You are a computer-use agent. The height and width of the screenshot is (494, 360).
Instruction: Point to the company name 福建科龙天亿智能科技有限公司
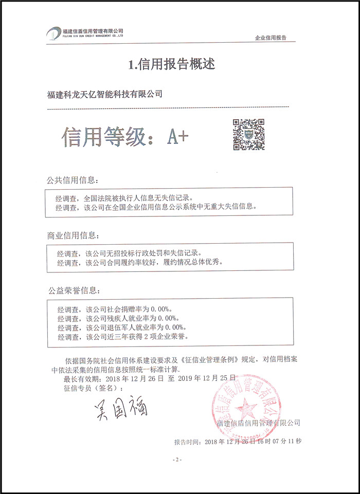click(104, 94)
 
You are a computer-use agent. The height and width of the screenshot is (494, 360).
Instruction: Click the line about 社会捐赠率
click(113, 309)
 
